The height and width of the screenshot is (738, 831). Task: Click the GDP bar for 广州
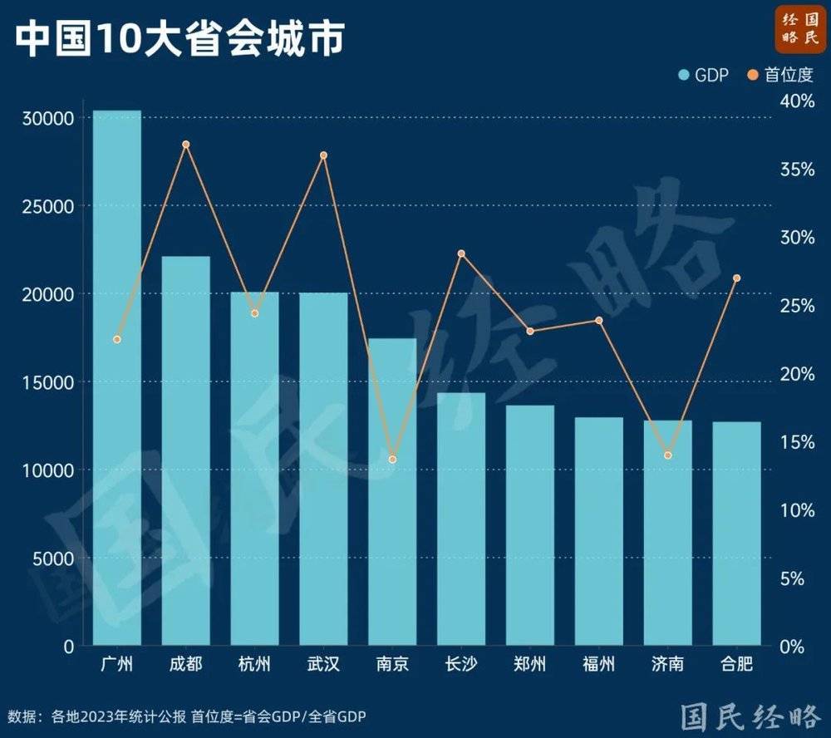tap(116, 378)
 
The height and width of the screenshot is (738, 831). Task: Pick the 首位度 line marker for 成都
tap(186, 145)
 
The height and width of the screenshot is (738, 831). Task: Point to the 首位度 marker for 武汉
tap(324, 155)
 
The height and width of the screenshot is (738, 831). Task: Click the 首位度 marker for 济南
tap(668, 455)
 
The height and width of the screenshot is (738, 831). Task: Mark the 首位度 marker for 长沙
tap(461, 253)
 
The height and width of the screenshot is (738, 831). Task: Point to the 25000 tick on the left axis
tap(52, 206)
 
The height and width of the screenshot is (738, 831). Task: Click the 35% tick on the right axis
tap(797, 170)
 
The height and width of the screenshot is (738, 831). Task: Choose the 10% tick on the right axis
tap(797, 510)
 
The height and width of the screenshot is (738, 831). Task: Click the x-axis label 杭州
tap(254, 665)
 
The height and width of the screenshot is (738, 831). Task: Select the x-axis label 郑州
tap(530, 665)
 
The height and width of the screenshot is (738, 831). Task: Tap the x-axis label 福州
tap(599, 665)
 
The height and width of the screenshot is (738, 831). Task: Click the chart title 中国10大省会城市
tap(179, 38)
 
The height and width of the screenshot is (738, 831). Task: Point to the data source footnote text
tap(187, 716)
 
